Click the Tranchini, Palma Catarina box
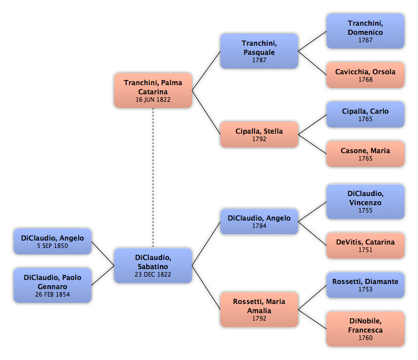tap(153, 90)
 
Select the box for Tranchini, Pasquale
tap(259, 51)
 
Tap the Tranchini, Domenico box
tap(365, 31)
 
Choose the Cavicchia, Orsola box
tap(365, 75)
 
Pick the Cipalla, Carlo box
tap(365, 114)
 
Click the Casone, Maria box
tap(365, 154)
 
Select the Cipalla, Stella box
tap(259, 134)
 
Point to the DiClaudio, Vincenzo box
tap(365, 202)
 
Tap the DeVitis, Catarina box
tap(365, 245)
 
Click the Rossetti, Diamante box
tap(365, 285)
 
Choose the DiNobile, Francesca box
tap(365, 329)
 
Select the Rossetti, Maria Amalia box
tap(259, 309)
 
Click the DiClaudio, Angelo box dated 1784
tap(259, 221)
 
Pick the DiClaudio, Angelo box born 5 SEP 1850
tap(53, 241)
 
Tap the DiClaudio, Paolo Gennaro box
tap(53, 285)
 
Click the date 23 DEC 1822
tap(152, 274)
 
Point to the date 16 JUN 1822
tap(153, 99)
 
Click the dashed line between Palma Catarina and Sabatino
tap(153, 178)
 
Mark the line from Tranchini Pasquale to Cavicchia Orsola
tap(312, 63)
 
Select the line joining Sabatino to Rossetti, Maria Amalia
tap(206, 287)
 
